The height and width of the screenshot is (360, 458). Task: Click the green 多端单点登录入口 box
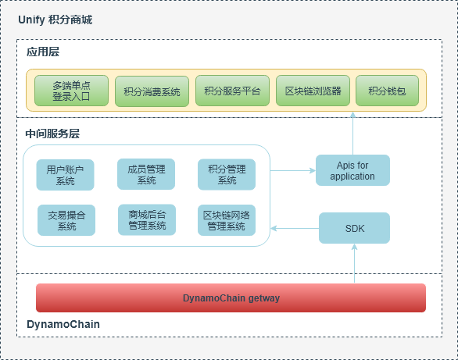coord(72,91)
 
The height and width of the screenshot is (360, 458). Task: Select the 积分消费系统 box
coord(152,91)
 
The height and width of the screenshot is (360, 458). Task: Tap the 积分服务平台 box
coord(232,91)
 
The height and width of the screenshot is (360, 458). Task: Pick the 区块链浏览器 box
coord(313,91)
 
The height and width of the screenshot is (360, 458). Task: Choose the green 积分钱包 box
coord(388,91)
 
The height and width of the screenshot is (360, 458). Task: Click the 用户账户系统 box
coord(65,175)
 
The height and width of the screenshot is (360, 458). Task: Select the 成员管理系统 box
coord(146,174)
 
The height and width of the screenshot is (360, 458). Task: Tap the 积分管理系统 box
coord(227,174)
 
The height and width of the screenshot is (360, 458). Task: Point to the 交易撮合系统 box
coord(66,220)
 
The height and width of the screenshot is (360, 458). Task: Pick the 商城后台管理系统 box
coord(147,219)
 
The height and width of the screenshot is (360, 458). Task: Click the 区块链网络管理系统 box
coord(227,220)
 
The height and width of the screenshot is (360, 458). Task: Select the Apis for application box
coord(352,170)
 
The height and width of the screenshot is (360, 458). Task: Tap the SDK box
coord(354,228)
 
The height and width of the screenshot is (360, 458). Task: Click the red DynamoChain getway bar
coord(231,298)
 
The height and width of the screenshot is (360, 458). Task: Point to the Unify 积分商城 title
coord(55,20)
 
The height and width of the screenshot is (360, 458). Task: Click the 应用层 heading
coord(43,52)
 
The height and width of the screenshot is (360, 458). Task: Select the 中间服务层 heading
coord(52,134)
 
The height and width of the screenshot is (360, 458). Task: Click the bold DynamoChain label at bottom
coord(63,324)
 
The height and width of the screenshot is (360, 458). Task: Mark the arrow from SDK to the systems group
coord(295,229)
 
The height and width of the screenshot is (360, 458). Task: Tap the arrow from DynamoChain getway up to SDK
coord(354,263)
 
